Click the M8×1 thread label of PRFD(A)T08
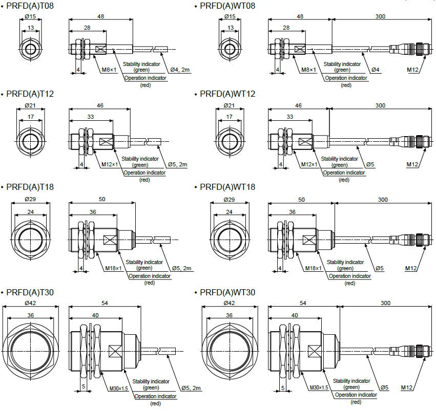(x=109, y=69)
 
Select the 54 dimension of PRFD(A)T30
(x=105, y=304)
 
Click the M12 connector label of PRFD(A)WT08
(x=414, y=69)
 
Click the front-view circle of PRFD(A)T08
(x=30, y=49)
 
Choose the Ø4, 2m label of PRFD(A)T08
(x=180, y=69)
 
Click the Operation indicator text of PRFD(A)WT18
(x=350, y=276)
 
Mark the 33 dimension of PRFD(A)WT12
(x=289, y=117)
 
